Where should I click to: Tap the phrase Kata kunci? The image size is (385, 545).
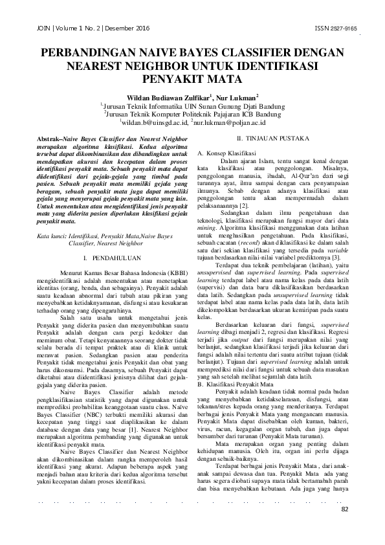[x=54, y=237]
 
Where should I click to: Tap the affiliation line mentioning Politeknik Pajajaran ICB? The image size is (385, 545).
[x=194, y=112]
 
